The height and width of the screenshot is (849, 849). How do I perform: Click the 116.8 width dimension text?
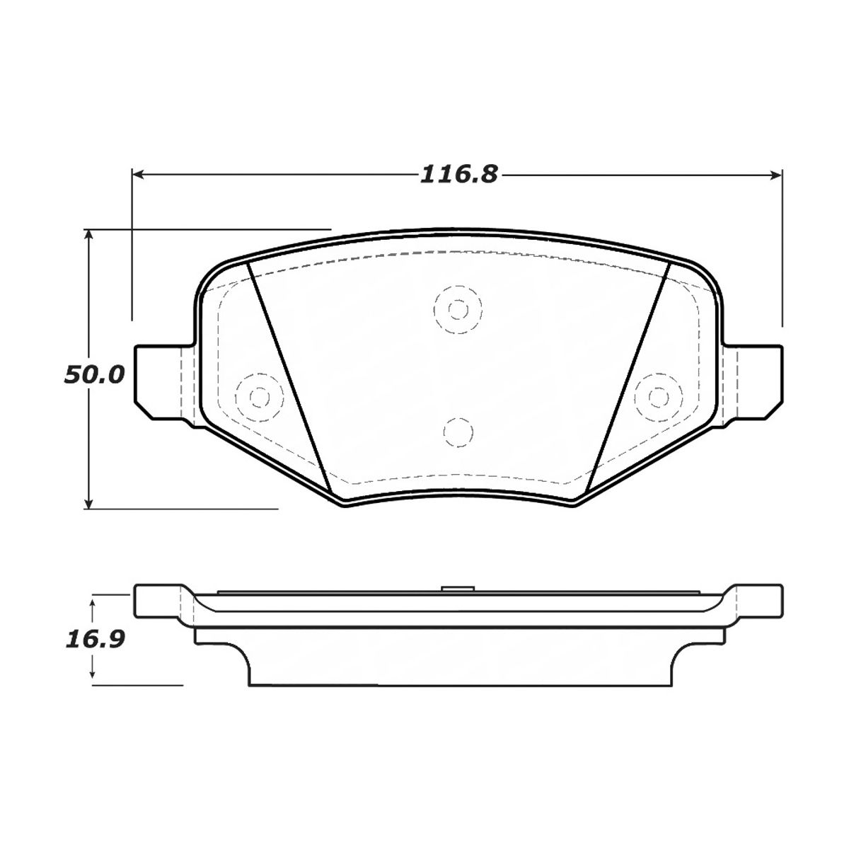(x=459, y=174)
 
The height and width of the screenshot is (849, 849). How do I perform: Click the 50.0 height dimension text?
(x=94, y=374)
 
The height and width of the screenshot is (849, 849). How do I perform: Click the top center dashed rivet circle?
(x=458, y=309)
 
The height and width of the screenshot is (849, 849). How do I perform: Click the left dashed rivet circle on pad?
(x=259, y=397)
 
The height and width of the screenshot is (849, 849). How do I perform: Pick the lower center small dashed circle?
(x=457, y=431)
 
